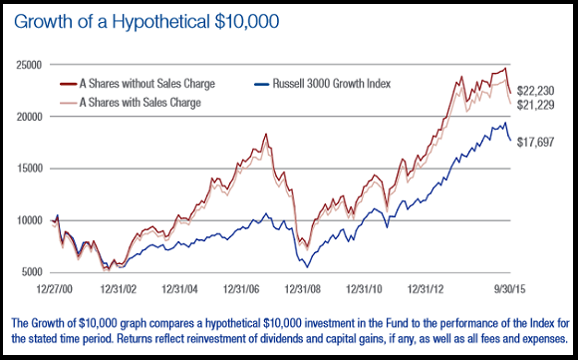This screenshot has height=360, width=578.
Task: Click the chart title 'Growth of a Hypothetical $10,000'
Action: point(146,21)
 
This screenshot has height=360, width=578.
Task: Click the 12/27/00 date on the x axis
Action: point(55,289)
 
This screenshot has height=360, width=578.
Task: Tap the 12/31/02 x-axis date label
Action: point(119,289)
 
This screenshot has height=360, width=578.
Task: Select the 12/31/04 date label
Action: point(180,289)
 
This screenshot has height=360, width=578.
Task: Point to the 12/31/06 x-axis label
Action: point(241,289)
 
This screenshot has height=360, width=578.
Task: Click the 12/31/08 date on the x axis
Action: point(303,289)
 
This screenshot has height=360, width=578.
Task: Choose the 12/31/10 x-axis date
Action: point(364,289)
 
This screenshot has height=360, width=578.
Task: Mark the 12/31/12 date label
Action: point(426,289)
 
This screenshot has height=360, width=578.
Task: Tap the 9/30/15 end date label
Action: point(509,289)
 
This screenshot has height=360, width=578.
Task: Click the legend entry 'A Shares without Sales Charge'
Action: point(138,84)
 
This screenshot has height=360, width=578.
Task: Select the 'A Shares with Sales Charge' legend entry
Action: point(131,102)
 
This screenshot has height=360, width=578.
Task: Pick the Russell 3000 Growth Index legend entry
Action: point(323,84)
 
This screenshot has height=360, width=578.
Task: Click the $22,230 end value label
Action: point(535,91)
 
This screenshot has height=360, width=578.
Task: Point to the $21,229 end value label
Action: point(535,105)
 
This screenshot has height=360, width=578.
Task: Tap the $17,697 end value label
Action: point(535,142)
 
